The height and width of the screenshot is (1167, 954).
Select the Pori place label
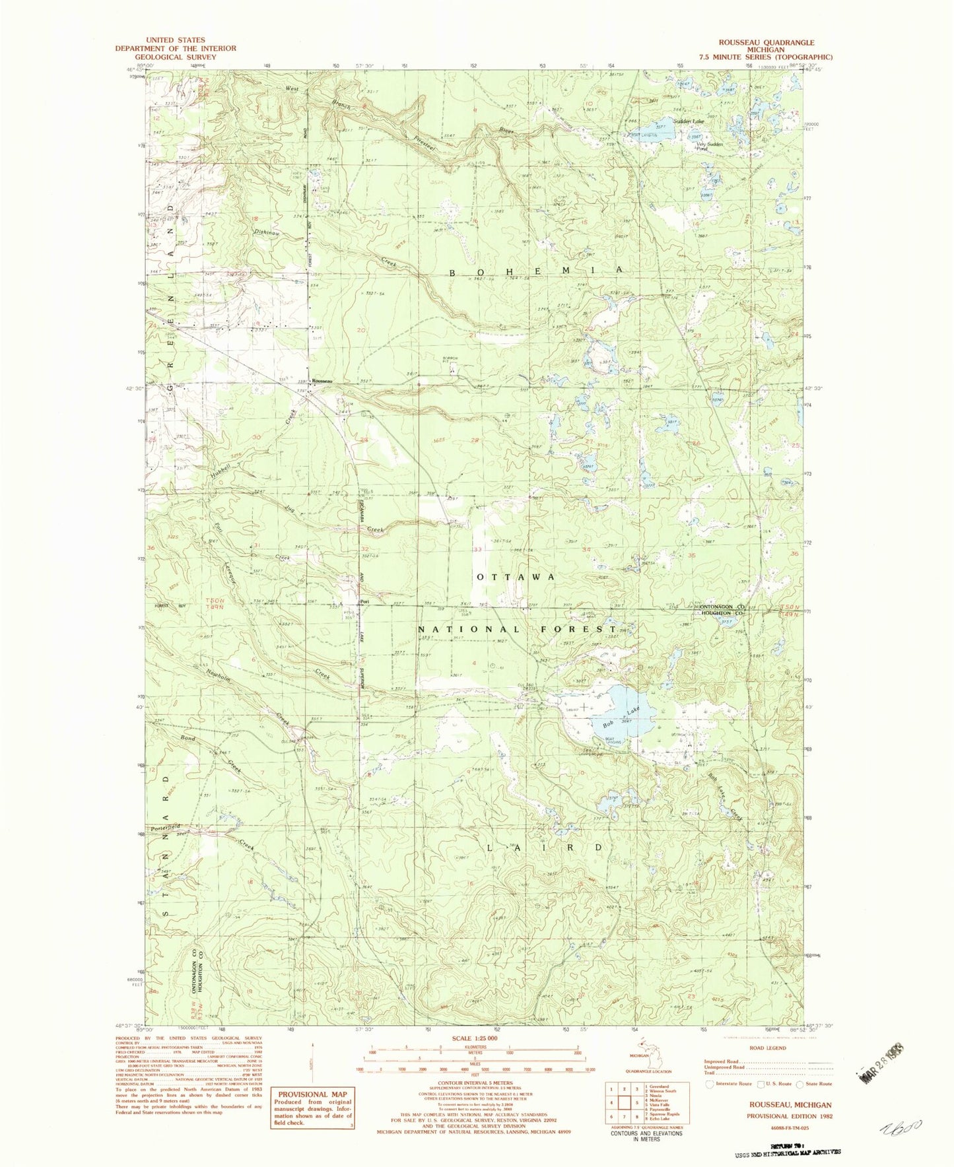point(363,601)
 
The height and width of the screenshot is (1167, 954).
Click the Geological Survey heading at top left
point(176,57)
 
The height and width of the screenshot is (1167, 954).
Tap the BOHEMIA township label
point(536,271)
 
